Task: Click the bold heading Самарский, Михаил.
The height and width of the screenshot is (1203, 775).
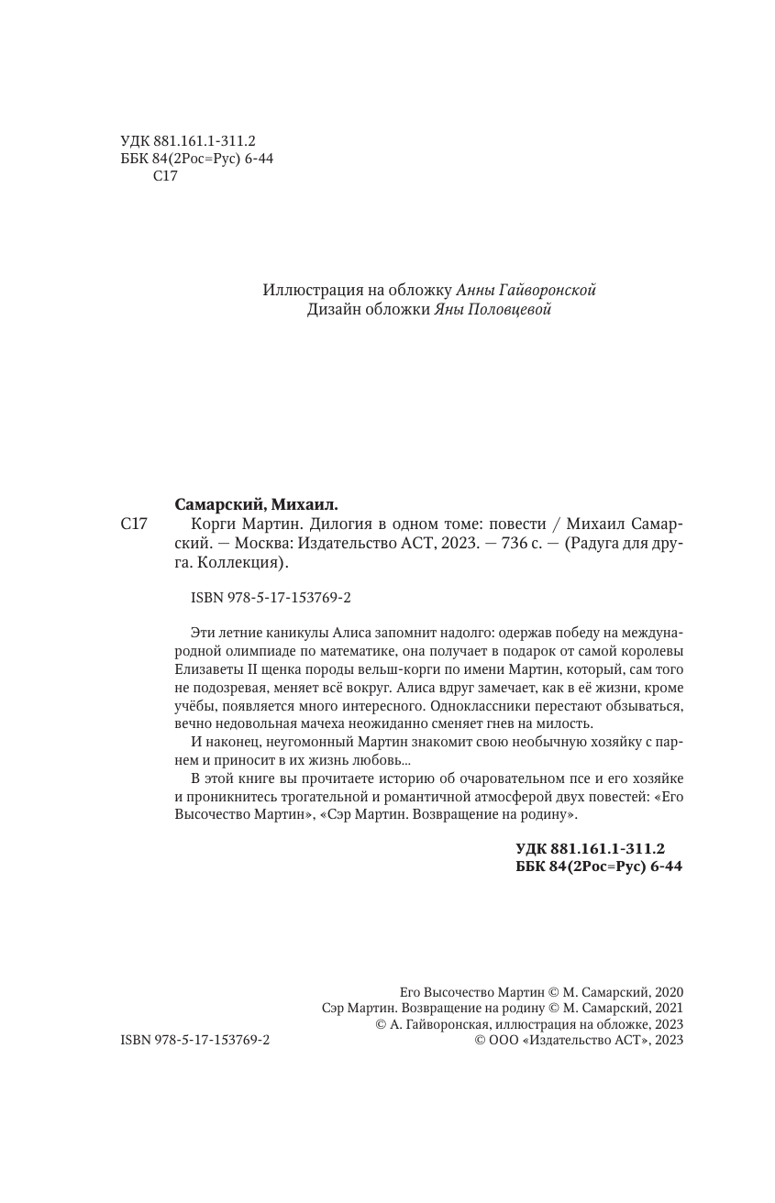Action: click(256, 503)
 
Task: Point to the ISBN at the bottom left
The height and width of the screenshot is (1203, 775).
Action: click(194, 1041)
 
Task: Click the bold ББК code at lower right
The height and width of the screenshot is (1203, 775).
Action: click(599, 866)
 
